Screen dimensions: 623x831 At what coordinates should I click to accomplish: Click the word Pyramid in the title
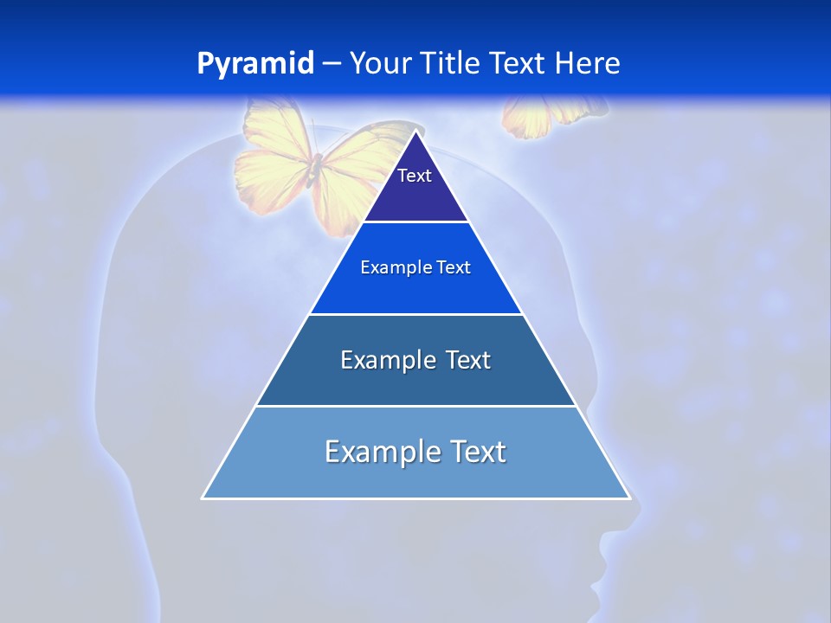point(255,63)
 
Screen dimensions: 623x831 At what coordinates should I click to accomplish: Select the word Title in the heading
point(454,63)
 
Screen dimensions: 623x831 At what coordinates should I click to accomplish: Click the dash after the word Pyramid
point(332,64)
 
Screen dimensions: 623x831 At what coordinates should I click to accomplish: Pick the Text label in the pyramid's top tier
point(415,176)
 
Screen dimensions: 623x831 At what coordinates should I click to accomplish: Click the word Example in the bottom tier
point(377,452)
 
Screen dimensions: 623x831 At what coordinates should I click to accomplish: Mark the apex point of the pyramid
point(416,132)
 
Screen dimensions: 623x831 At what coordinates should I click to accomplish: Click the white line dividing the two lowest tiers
point(415,406)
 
